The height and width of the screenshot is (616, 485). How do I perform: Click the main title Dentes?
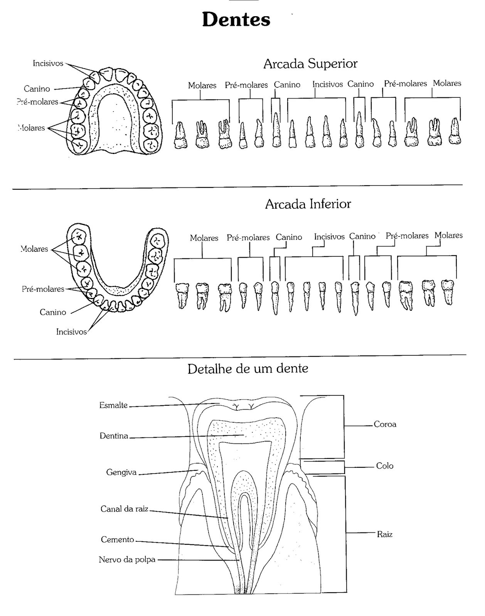tap(236, 20)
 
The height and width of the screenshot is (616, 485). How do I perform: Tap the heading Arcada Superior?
tap(310, 64)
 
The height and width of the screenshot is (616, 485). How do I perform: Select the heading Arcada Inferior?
tap(308, 204)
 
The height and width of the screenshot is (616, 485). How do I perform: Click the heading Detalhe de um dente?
tap(248, 369)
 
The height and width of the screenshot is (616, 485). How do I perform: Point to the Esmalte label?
tap(113, 405)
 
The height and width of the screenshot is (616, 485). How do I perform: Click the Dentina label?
tap(114, 436)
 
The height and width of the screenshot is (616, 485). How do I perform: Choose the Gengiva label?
tap(121, 472)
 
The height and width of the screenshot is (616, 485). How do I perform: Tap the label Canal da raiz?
tap(125, 509)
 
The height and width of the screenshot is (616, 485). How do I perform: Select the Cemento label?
tap(118, 539)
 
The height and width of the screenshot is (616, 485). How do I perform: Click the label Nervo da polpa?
tap(127, 559)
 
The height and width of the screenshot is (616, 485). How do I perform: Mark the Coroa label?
tap(385, 424)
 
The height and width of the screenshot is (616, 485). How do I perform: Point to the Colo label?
tap(385, 466)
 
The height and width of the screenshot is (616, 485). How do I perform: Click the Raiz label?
tap(385, 534)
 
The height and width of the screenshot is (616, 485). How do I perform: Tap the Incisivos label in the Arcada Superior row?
tap(328, 84)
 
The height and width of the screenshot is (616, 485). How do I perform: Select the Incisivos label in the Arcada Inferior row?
tap(329, 236)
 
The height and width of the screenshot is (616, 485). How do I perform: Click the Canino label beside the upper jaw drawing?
tap(37, 89)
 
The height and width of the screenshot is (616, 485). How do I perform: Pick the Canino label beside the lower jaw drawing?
tap(53, 312)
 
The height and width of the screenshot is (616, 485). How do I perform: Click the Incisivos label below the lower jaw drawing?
tap(71, 332)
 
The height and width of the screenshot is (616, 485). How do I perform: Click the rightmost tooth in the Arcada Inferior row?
tap(448, 292)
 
